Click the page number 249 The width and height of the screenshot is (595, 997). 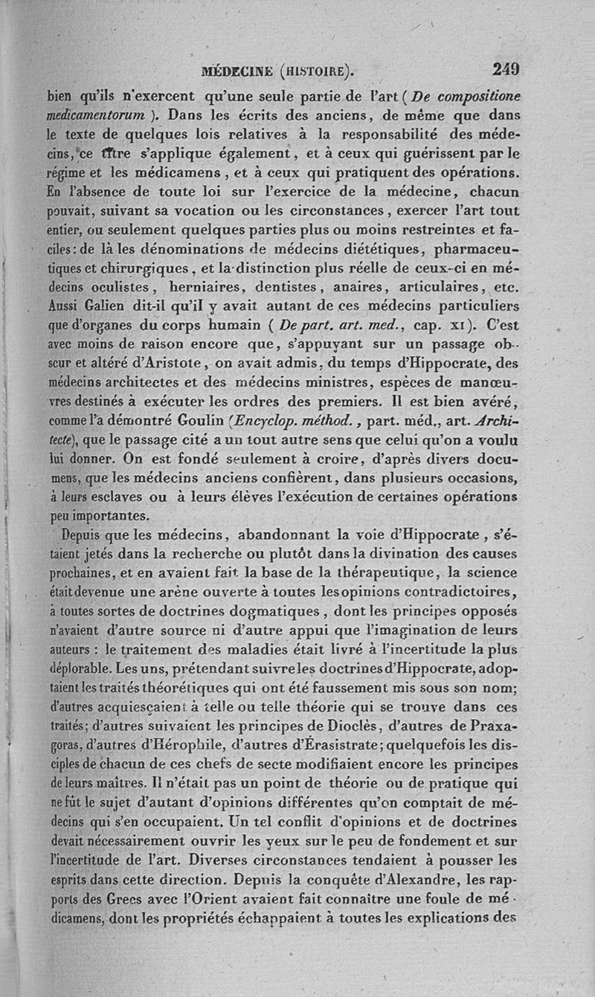(505, 70)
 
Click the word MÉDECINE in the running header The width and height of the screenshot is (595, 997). (237, 72)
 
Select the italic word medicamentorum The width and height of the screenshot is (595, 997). (95, 115)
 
